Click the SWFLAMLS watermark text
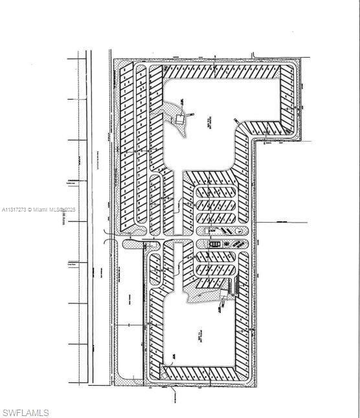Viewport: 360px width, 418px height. (26, 412)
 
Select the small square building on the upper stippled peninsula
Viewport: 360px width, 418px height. (179, 119)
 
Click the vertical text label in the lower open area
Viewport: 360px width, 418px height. (195, 336)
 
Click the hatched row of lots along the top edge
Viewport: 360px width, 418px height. (220, 71)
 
